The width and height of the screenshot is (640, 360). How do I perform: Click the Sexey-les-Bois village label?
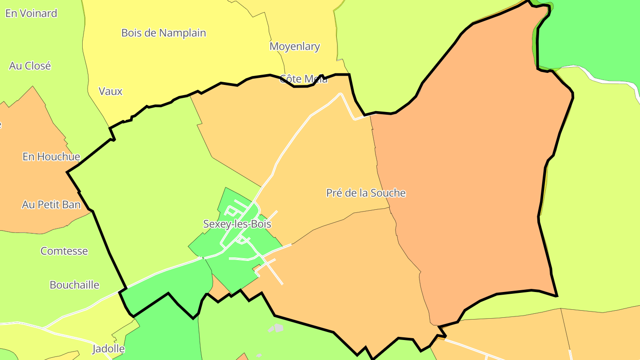237,224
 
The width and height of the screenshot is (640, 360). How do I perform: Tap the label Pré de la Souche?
366,193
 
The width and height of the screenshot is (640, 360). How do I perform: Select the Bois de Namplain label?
164,33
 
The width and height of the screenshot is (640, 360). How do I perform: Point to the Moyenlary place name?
295,46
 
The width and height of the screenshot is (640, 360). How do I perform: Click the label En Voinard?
31,13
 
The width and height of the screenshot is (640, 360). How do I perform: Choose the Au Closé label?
30,66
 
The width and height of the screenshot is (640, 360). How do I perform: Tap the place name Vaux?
110,92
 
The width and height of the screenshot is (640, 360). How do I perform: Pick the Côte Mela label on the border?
304,79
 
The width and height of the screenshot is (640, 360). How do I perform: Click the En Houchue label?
52,156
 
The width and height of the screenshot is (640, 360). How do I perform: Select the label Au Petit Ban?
52,204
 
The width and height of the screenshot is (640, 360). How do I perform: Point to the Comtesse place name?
64,251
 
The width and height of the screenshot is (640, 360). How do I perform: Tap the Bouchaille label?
75,285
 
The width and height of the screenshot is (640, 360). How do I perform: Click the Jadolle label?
108,348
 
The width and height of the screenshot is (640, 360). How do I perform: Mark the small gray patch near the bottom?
276,328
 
